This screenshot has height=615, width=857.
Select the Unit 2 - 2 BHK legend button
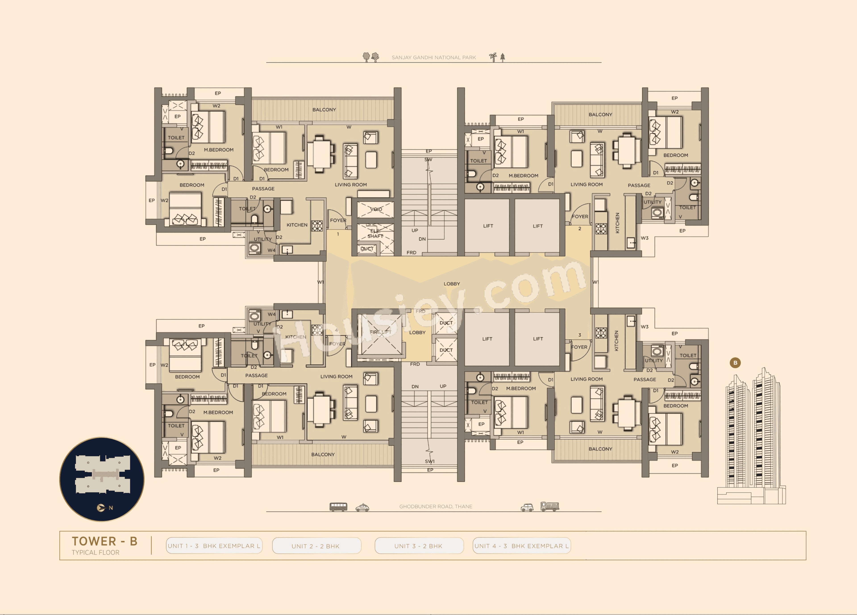coord(316,546)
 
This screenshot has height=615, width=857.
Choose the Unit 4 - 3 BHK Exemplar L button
coord(522,546)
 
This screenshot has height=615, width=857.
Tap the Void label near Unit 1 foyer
coord(376,209)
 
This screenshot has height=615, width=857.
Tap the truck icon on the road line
coord(549,506)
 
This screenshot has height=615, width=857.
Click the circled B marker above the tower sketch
coord(735,363)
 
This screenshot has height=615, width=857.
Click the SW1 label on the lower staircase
coord(430,461)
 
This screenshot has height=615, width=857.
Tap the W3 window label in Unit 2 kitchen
coord(645,238)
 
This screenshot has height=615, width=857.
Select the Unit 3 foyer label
coord(579,347)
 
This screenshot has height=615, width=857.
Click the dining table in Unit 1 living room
coord(320,154)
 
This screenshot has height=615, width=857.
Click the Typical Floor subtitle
coord(96,552)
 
